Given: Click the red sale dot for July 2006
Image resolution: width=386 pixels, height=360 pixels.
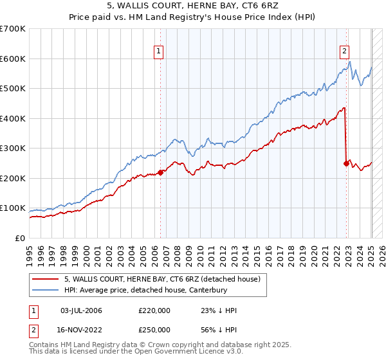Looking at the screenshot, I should click(160, 172).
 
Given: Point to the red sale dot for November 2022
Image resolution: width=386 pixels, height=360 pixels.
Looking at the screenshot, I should click(347, 163).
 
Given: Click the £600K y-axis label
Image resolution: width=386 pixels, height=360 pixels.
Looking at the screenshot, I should click(13, 59).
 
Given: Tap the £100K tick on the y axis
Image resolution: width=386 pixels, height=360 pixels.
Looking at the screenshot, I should click(13, 208).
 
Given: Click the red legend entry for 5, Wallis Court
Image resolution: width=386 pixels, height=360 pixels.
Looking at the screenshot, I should click(161, 279).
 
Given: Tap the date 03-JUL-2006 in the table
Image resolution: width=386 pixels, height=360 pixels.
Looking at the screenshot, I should click(81, 310).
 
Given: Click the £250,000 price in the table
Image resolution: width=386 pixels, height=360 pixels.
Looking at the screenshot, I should click(154, 329).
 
